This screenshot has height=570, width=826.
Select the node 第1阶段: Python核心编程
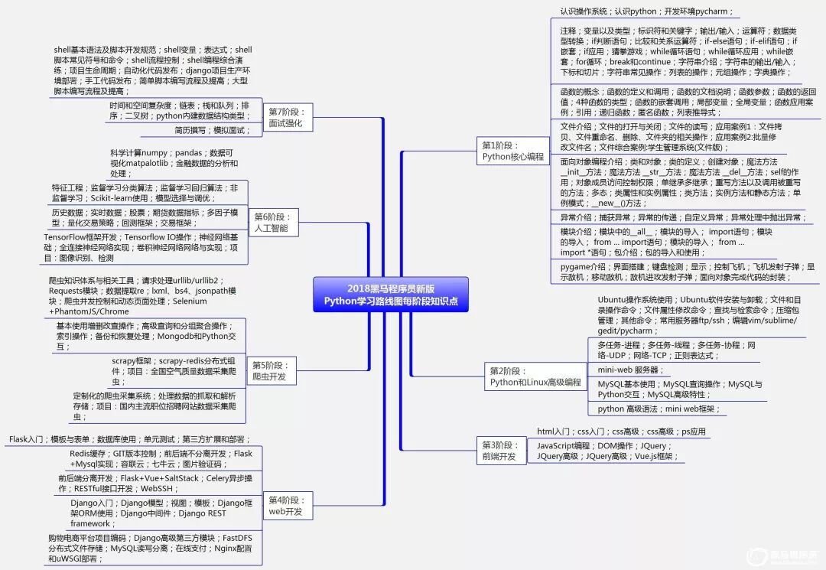(x=513, y=151)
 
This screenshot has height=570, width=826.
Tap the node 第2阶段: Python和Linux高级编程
(x=535, y=376)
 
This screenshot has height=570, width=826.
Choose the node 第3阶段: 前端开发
(x=499, y=451)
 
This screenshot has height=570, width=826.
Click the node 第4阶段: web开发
(x=285, y=506)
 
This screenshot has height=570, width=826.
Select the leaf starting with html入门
(x=621, y=432)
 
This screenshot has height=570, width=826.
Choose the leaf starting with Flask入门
(x=129, y=440)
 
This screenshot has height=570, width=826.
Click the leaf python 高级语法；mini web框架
(x=655, y=409)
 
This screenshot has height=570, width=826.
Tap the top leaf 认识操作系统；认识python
(x=646, y=11)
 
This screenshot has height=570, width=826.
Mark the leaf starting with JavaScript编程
(x=604, y=451)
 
